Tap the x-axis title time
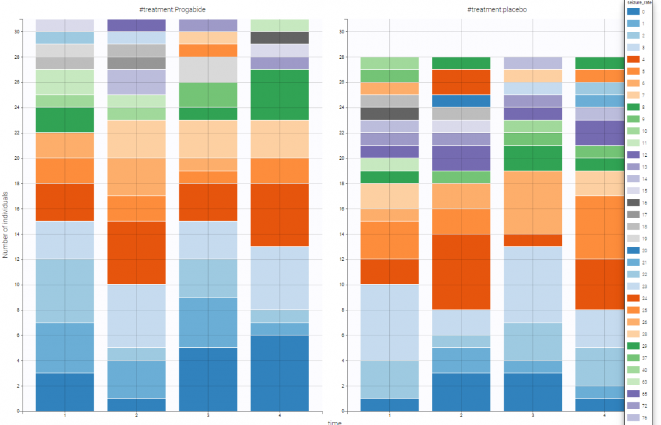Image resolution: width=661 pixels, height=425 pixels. click(x=334, y=421)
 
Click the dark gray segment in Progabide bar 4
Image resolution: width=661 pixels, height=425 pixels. click(x=280, y=37)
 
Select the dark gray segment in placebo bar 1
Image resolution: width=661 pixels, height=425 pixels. click(x=389, y=113)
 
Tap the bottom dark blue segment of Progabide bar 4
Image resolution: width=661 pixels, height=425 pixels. click(x=280, y=373)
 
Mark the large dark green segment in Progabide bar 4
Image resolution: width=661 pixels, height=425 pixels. click(x=280, y=94)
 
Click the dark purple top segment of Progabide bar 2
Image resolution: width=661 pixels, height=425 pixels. click(x=136, y=25)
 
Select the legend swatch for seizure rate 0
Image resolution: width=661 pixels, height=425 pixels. click(x=633, y=12)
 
